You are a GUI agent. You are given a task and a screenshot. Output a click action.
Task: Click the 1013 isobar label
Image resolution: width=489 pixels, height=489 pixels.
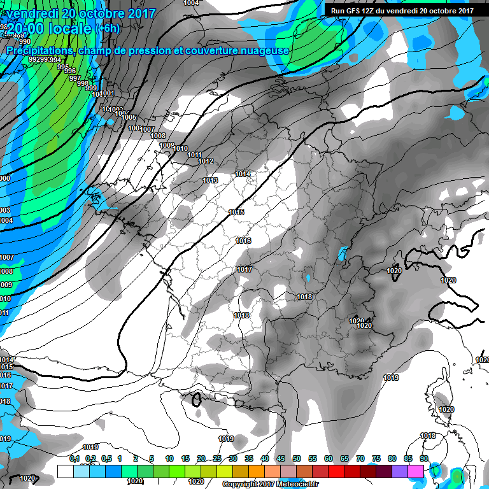pos(210,180)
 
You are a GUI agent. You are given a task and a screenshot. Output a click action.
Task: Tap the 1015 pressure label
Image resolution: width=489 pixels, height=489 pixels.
pos(236,212)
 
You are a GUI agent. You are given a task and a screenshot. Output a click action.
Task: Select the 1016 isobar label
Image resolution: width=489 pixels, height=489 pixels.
pos(243,241)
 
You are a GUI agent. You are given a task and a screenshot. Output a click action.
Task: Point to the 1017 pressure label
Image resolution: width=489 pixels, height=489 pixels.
pos(244,269)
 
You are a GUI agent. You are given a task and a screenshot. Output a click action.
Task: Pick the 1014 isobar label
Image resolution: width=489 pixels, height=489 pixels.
pos(243,174)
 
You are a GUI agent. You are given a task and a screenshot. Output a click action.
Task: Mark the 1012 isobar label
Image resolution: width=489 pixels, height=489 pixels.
pos(206,161)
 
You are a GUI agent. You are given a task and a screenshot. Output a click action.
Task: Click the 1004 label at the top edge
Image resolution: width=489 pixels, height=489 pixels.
pos(191,3)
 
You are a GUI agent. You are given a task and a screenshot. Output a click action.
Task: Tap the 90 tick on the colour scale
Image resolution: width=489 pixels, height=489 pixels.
pos(423,458)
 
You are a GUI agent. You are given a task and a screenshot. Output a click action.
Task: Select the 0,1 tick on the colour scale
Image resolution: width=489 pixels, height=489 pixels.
pos(74,458)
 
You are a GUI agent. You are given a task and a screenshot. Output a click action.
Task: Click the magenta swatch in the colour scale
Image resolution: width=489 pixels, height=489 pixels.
pos(416,471)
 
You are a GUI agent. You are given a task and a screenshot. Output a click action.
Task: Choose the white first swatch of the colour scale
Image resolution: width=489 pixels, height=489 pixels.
pos(66,471)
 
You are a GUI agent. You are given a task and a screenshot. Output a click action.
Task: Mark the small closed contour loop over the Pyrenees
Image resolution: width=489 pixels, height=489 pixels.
pos(197,400)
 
